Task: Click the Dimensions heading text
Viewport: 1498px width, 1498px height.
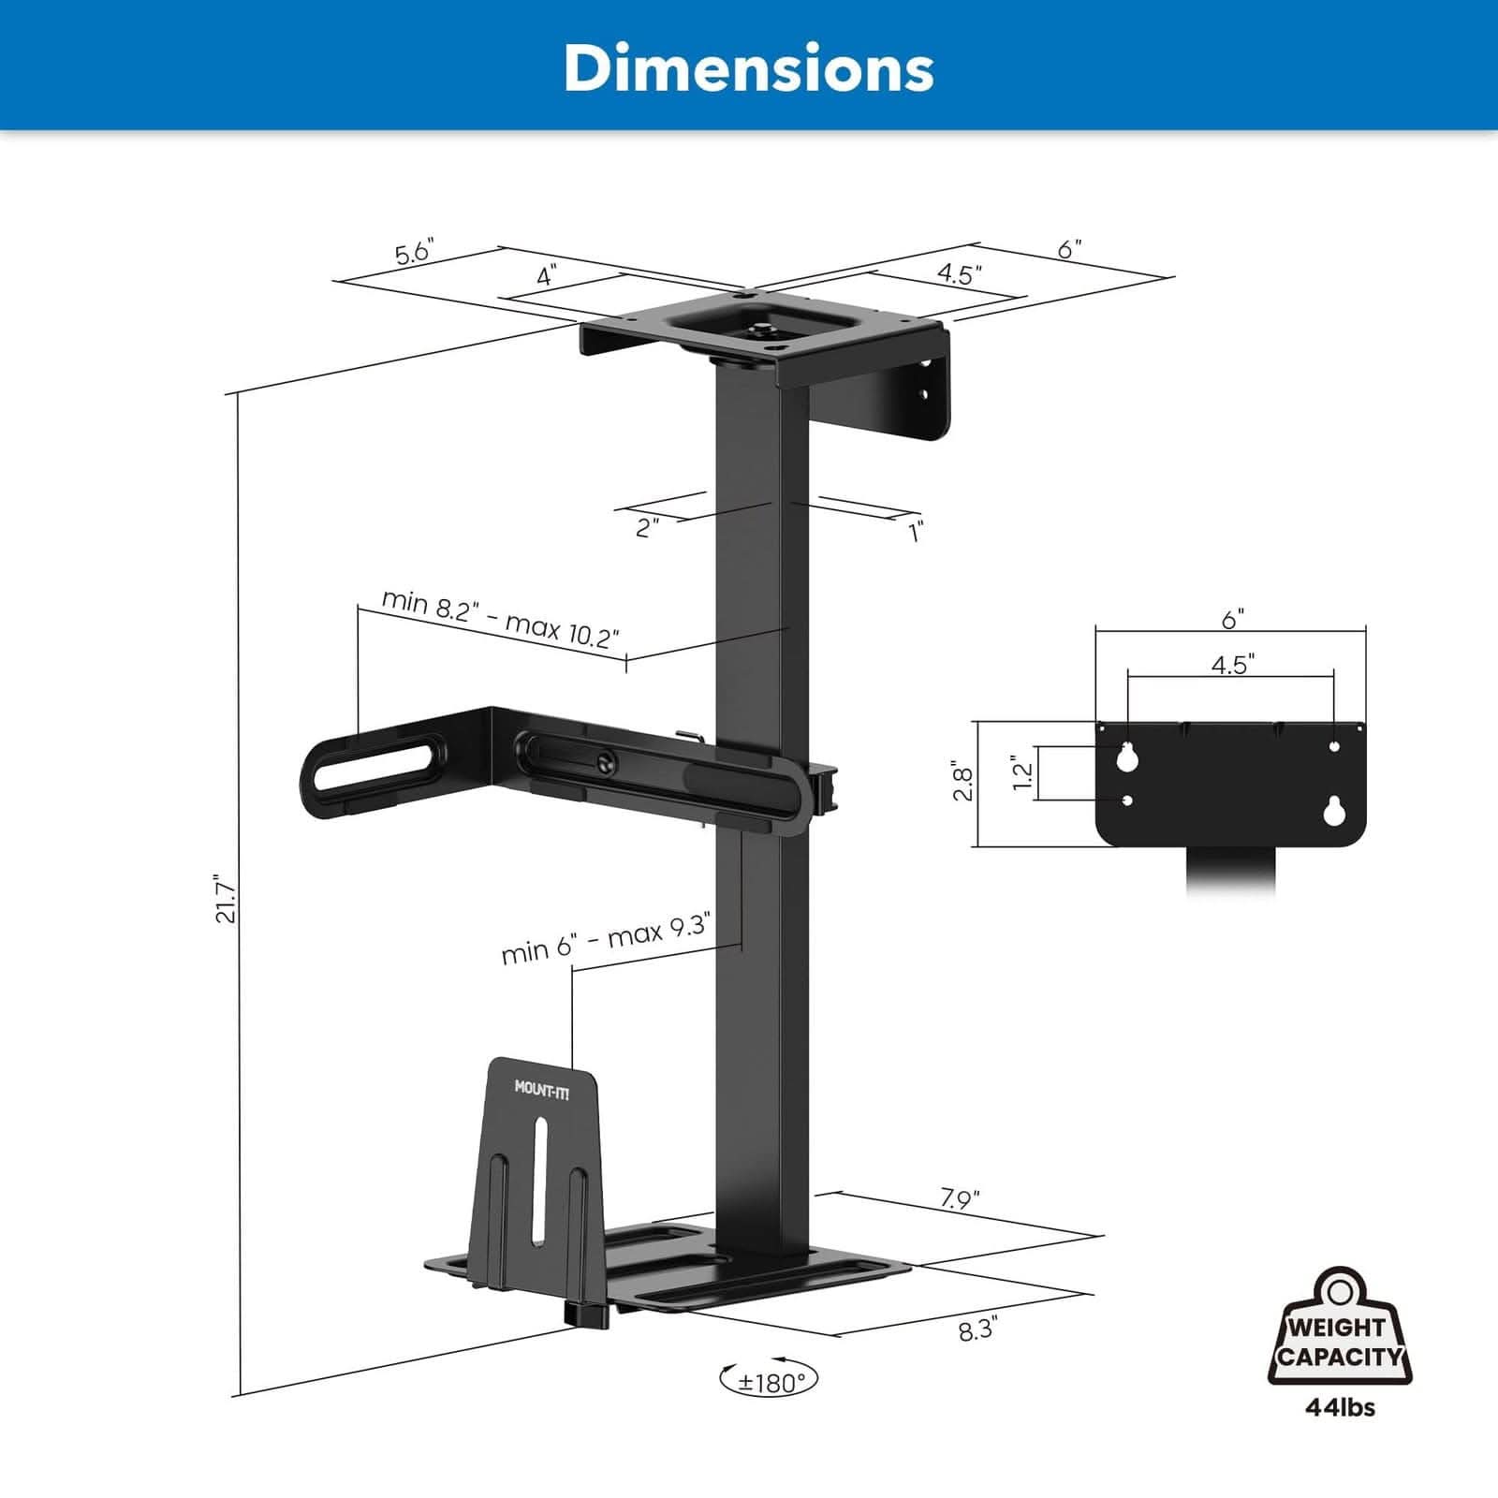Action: (x=748, y=67)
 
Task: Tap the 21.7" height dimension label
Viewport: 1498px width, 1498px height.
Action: (x=226, y=900)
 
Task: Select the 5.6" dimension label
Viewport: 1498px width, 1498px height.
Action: (x=413, y=253)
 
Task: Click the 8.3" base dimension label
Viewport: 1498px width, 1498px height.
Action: (x=978, y=1330)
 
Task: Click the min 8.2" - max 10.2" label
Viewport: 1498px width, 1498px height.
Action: (x=500, y=619)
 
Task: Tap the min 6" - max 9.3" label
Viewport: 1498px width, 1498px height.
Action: (x=606, y=939)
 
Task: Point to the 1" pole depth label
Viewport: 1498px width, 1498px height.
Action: (x=917, y=531)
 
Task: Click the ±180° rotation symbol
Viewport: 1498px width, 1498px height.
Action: (x=769, y=1381)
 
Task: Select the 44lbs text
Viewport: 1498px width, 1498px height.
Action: (x=1340, y=1407)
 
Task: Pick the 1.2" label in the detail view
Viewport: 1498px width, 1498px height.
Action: (x=1022, y=773)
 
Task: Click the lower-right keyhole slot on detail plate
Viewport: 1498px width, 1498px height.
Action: (x=1334, y=811)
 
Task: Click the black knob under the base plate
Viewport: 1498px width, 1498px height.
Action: (x=586, y=1314)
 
